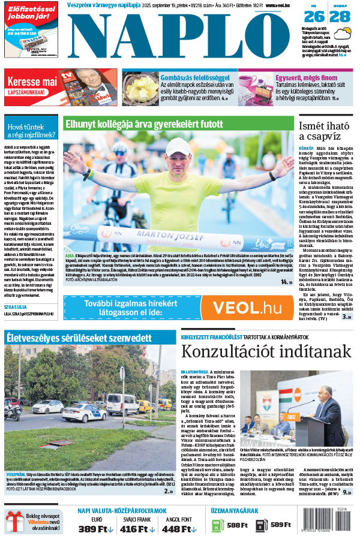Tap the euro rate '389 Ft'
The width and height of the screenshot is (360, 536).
(97, 528)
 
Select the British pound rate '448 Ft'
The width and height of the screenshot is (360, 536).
(181, 528)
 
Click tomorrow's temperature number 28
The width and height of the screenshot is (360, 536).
(341, 17)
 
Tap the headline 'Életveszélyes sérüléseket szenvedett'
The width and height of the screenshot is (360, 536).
(79, 338)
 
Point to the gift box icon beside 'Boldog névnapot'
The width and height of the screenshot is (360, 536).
(14, 520)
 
